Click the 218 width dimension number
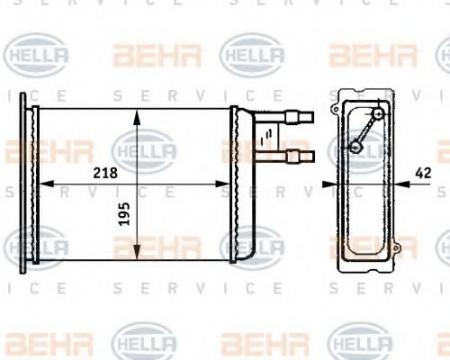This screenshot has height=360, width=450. (x=105, y=173)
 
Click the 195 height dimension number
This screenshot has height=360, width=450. (x=124, y=214)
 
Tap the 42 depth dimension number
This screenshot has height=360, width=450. (x=423, y=173)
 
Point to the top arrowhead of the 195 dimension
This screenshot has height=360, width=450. (x=137, y=117)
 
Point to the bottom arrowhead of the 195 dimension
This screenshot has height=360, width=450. (x=137, y=252)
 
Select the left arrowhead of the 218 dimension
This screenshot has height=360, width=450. (x=47, y=184)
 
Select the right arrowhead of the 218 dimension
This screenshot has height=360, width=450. (x=223, y=184)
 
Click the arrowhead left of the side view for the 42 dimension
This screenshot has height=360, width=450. (x=329, y=184)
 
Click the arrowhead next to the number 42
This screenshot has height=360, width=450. (x=402, y=184)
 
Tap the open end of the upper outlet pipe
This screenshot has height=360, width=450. (x=313, y=117)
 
